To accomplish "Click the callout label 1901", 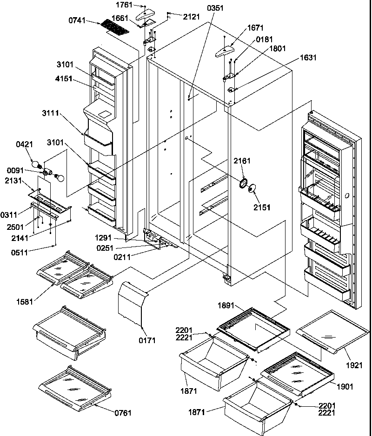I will point(345,386).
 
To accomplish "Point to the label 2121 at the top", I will point(191,16).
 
